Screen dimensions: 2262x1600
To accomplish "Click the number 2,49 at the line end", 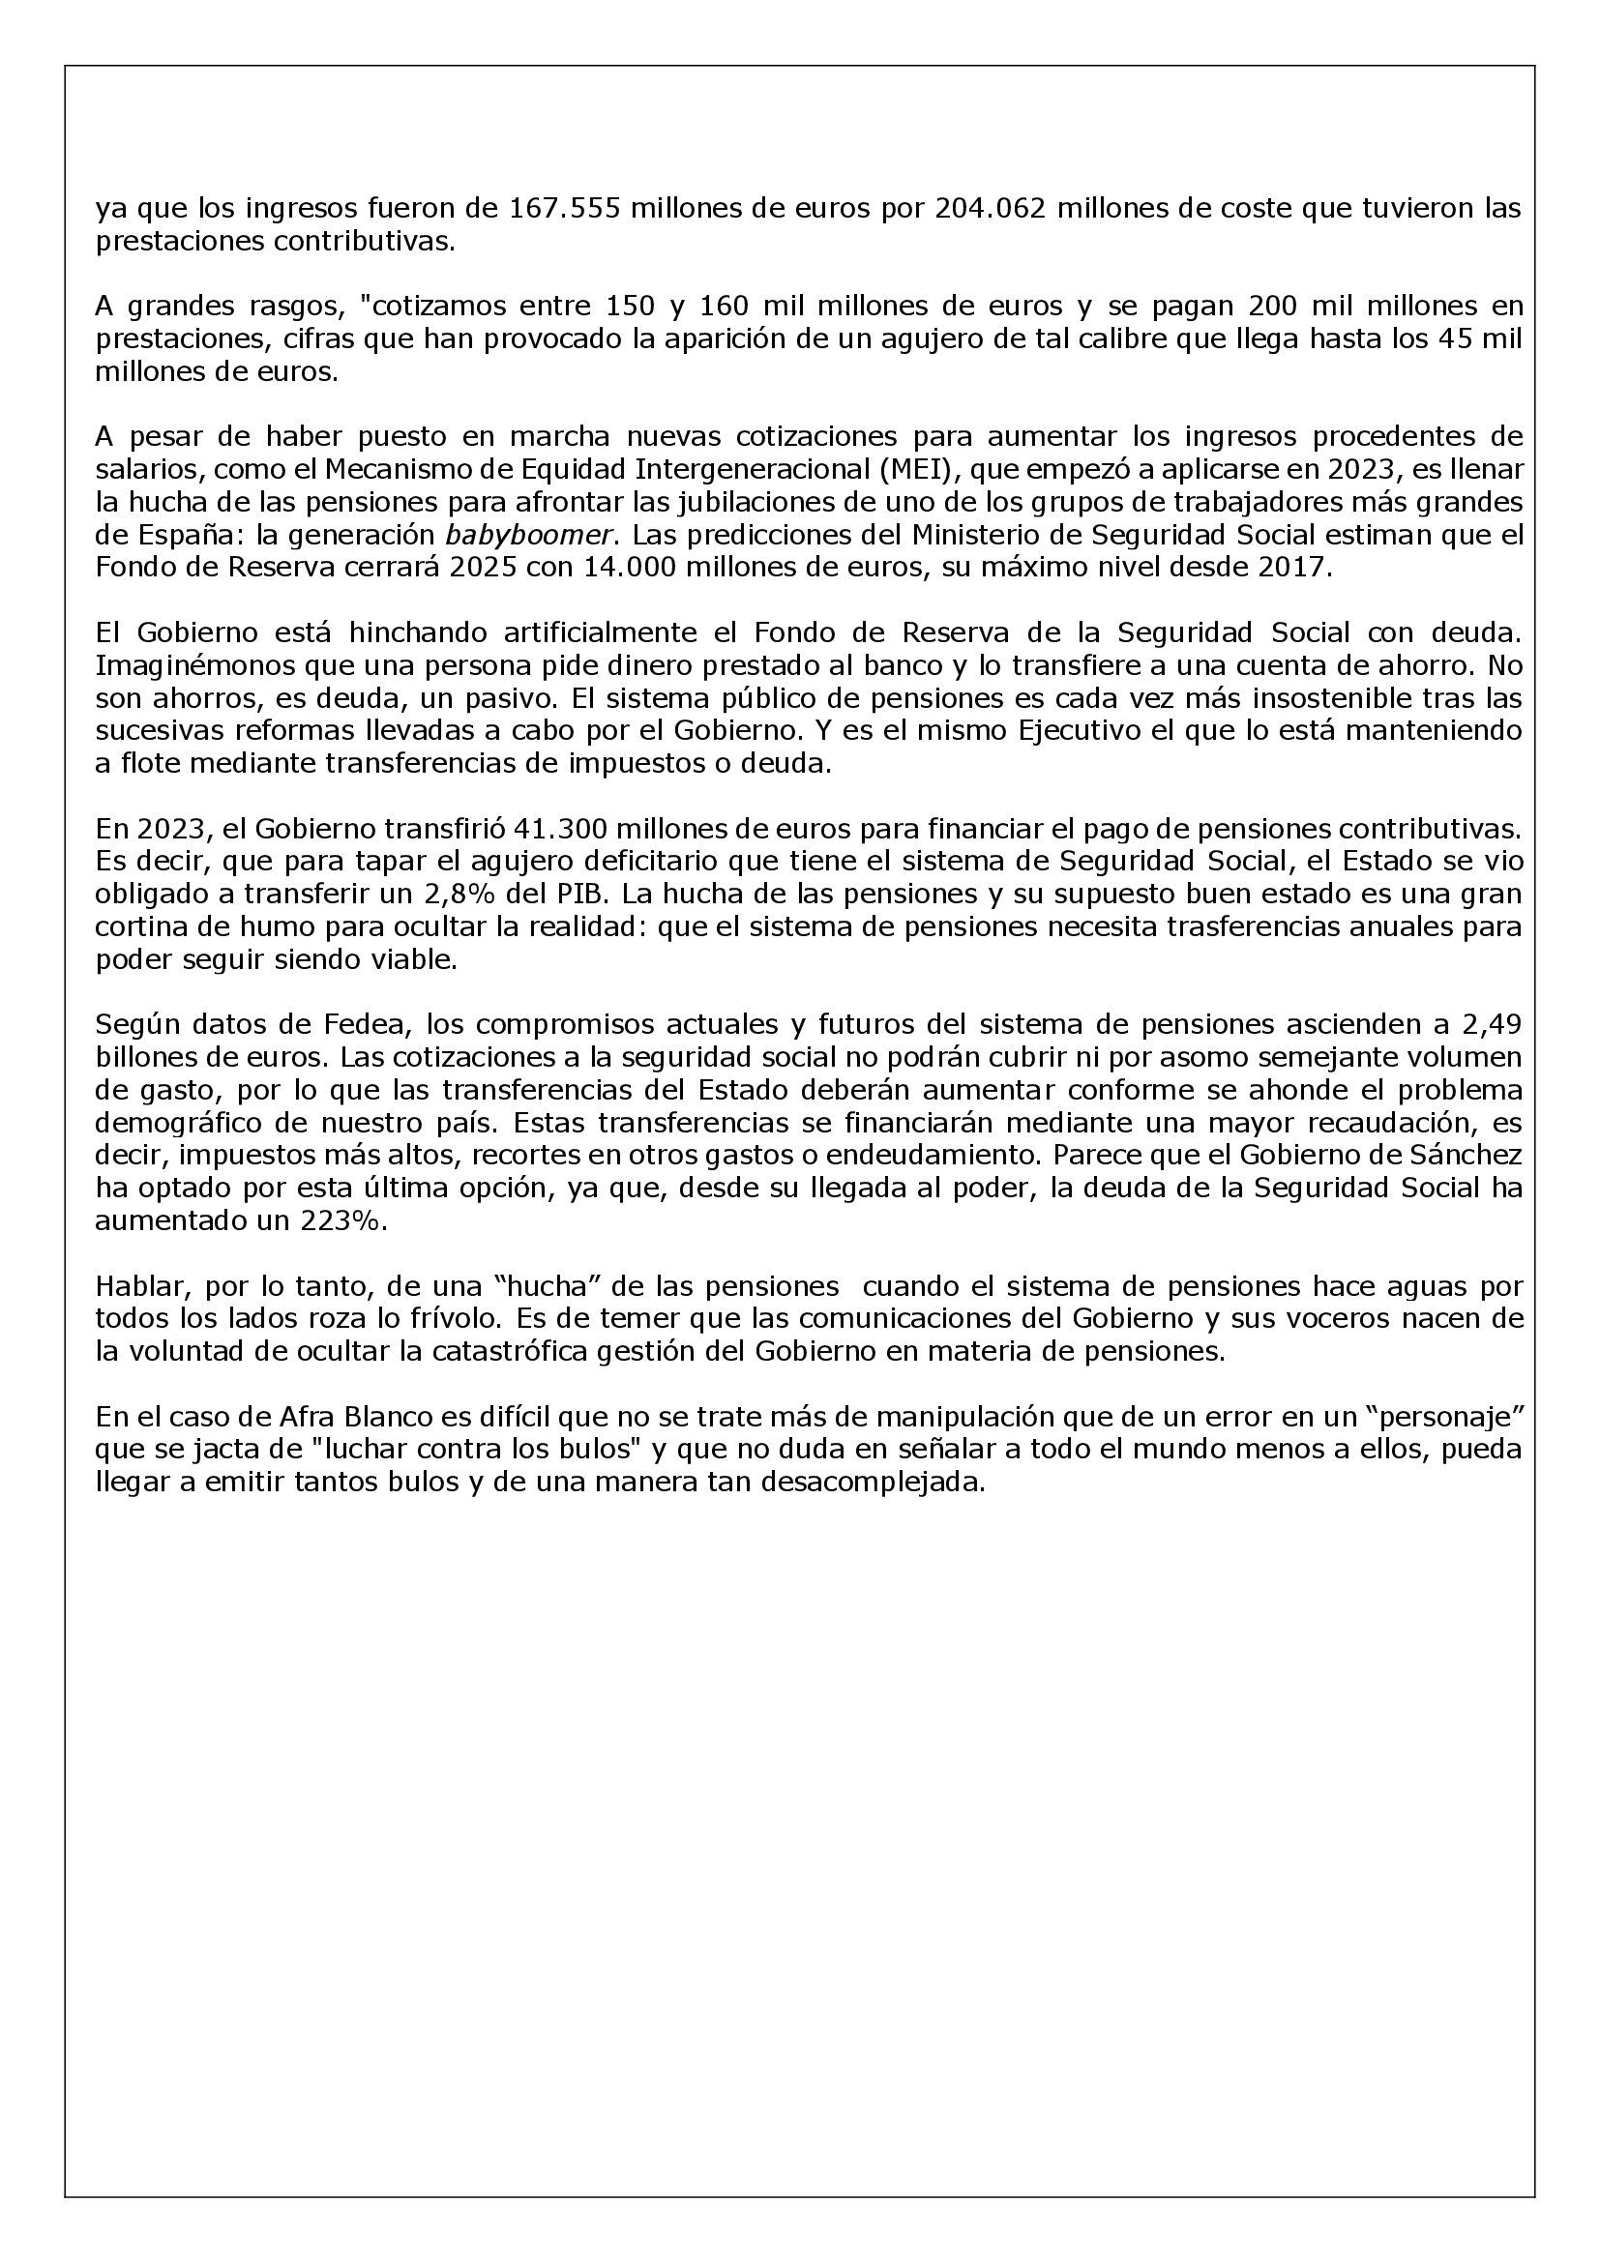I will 1492,1024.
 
